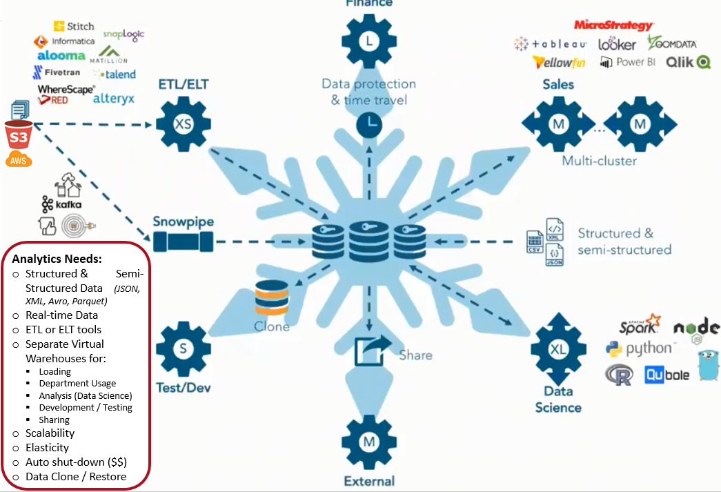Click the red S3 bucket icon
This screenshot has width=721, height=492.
[x=17, y=135]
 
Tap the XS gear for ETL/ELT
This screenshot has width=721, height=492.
[x=183, y=125]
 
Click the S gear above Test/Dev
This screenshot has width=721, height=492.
[x=183, y=348]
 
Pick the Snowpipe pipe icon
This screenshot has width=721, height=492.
[x=183, y=241]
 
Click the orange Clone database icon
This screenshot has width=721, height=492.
[x=271, y=299]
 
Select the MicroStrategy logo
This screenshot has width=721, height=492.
[x=613, y=26]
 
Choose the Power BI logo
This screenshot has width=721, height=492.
[x=627, y=62]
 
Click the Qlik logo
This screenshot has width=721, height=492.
[x=688, y=62]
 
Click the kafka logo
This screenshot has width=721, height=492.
[x=61, y=205]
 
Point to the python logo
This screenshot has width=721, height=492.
[x=639, y=348]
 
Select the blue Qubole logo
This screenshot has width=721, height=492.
[x=666, y=375]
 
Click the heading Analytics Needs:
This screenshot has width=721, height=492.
[x=57, y=259]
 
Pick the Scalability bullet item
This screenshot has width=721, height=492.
[x=50, y=433]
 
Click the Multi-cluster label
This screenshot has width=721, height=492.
[x=599, y=161]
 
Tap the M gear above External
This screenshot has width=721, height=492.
[x=370, y=441]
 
